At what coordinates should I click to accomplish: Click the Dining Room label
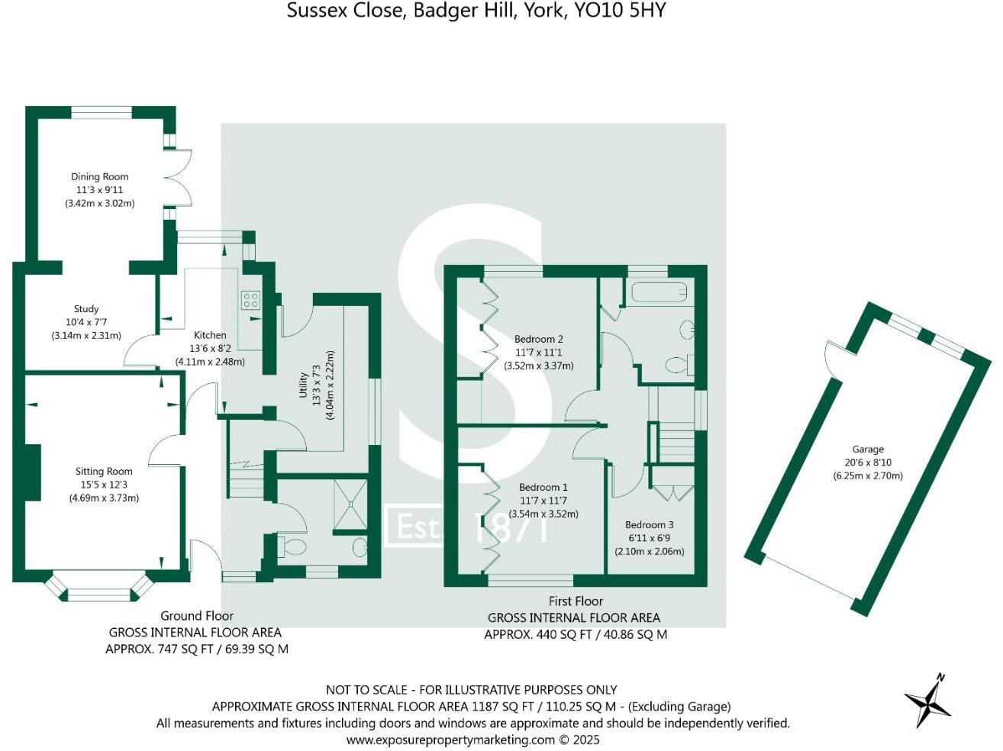tap(99, 177)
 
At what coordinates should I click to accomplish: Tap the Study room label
tap(86, 309)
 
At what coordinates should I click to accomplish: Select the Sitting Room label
tap(104, 472)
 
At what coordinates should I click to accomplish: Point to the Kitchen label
tap(210, 335)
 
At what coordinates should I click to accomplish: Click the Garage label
tap(868, 450)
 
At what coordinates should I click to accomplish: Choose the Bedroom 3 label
tap(649, 525)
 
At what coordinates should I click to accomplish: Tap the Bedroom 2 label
tap(538, 339)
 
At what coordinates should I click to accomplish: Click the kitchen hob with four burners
tap(251, 301)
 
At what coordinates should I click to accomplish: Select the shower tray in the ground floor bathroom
tap(350, 504)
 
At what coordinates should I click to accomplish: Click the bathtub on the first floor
tap(660, 292)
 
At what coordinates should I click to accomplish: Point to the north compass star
tap(928, 701)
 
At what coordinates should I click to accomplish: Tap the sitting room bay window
tap(100, 589)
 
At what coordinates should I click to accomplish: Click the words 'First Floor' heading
tap(576, 601)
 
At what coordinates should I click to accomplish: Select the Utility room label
tap(303, 385)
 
